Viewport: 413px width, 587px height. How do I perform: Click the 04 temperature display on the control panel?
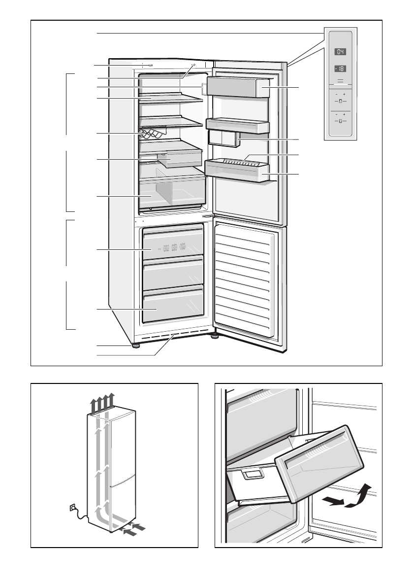click(341, 52)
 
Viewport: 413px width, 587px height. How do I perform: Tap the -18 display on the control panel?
click(340, 69)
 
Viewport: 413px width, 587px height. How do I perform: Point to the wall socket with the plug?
click(73, 507)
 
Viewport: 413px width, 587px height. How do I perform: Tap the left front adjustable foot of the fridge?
click(134, 345)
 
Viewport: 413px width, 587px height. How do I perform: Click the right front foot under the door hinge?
click(215, 337)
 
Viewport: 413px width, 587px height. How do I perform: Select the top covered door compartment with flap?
click(238, 87)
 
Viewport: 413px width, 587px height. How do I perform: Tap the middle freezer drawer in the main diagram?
click(173, 273)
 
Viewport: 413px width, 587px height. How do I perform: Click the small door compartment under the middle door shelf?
click(222, 138)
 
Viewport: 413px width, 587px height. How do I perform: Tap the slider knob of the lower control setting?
click(340, 120)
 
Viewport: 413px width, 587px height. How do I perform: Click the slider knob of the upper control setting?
click(340, 101)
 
